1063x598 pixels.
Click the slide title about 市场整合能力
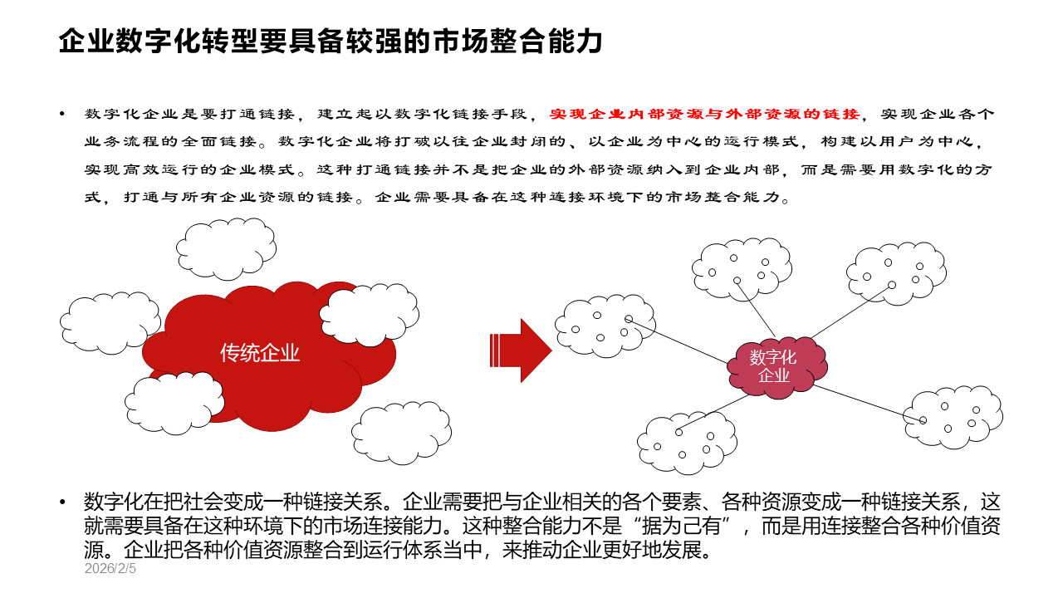[330, 41]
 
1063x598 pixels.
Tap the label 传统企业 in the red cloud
[260, 353]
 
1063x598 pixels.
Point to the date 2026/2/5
[110, 570]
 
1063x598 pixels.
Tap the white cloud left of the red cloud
[110, 322]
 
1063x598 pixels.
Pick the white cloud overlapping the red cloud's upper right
[369, 311]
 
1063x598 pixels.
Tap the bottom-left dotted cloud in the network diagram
[686, 442]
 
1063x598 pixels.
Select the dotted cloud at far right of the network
[953, 417]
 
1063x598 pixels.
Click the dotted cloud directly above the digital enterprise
[742, 267]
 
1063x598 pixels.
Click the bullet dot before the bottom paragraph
[61, 502]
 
